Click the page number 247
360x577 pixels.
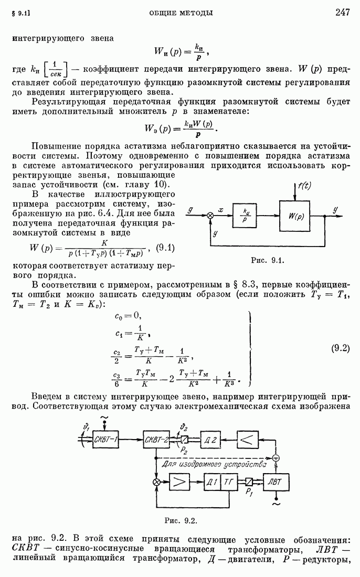tap(342, 13)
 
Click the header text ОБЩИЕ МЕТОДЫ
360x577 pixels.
tap(181, 13)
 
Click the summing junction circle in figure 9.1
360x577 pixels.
tap(210, 216)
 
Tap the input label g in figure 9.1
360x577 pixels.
tap(190, 210)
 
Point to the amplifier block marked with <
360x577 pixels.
tap(249, 438)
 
